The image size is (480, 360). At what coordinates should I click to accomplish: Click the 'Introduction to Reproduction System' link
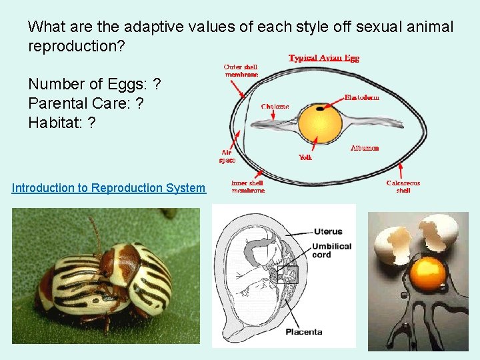(109, 188)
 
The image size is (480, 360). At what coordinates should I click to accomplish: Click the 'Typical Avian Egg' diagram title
(324, 58)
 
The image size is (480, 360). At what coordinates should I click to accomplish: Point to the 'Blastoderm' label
(362, 97)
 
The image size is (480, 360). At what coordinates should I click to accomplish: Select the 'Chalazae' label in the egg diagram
(275, 106)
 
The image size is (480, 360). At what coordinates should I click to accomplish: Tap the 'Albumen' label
(365, 147)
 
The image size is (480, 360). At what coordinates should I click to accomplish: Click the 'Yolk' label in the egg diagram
(305, 157)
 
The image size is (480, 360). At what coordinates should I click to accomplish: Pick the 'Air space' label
(227, 157)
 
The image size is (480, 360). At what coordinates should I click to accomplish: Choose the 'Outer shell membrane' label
(241, 71)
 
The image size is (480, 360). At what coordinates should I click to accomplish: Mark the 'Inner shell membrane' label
(247, 187)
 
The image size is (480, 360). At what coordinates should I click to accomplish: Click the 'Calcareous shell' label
(403, 187)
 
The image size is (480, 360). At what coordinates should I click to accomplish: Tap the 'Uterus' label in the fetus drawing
(327, 232)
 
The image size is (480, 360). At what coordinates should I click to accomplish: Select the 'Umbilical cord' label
(331, 251)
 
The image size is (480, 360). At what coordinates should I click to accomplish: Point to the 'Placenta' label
(304, 331)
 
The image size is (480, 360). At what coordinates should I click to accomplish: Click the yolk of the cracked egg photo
(427, 273)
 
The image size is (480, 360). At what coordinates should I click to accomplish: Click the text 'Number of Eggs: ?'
(94, 85)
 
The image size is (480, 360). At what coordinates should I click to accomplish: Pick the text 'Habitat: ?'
(61, 123)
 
